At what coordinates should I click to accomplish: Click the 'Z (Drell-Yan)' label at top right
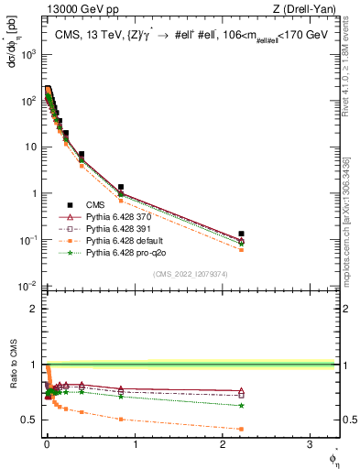pos(308,10)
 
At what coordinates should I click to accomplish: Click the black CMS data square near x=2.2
pos(241,234)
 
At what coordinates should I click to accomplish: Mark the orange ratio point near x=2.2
pos(241,429)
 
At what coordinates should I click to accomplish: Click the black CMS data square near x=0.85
pos(120,187)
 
